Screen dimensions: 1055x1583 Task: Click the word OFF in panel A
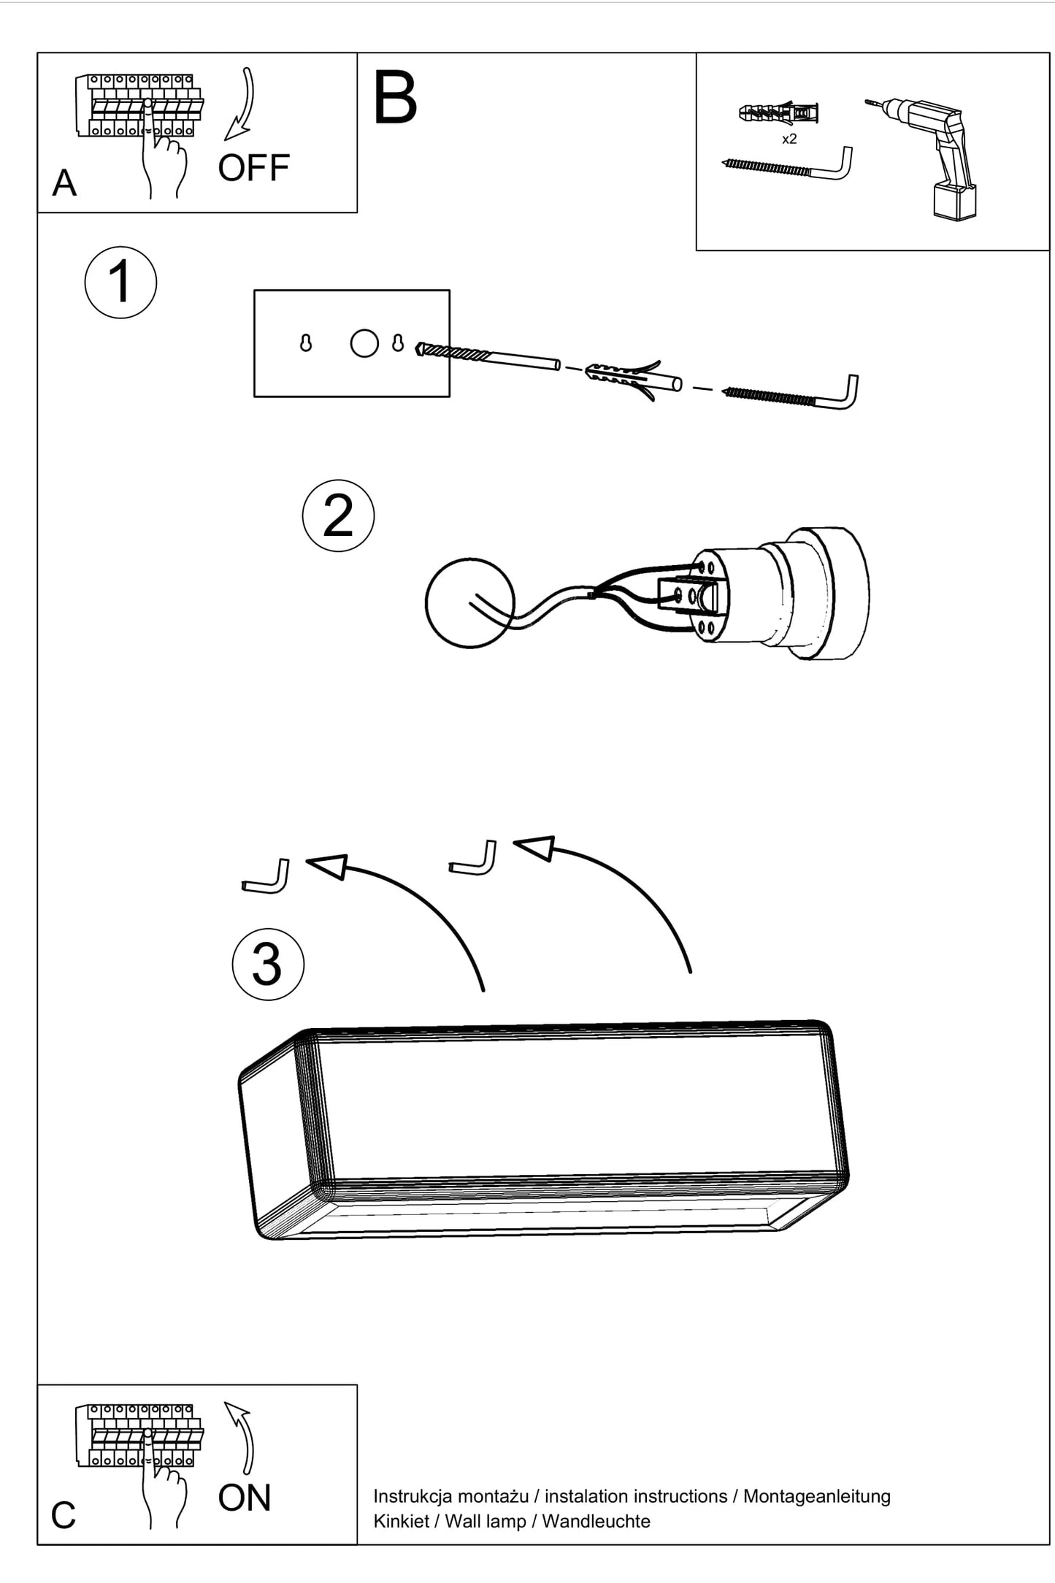(x=253, y=168)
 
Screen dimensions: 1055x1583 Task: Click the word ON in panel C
(x=245, y=1498)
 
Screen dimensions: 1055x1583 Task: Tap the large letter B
(x=394, y=98)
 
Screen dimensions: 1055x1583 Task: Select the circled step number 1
(x=120, y=282)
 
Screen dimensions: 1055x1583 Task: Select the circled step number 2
(x=338, y=515)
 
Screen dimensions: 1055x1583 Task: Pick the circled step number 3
(x=268, y=964)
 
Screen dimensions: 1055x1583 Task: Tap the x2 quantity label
(x=789, y=139)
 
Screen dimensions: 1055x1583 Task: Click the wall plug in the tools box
(x=778, y=114)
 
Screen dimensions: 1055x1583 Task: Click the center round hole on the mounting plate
(x=364, y=343)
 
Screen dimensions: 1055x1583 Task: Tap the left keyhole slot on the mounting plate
(x=306, y=343)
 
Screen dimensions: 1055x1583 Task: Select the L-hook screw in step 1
(x=790, y=393)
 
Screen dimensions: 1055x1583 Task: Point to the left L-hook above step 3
(x=265, y=875)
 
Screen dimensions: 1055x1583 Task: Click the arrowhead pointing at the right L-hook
(x=534, y=848)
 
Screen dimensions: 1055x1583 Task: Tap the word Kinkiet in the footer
(x=401, y=1521)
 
